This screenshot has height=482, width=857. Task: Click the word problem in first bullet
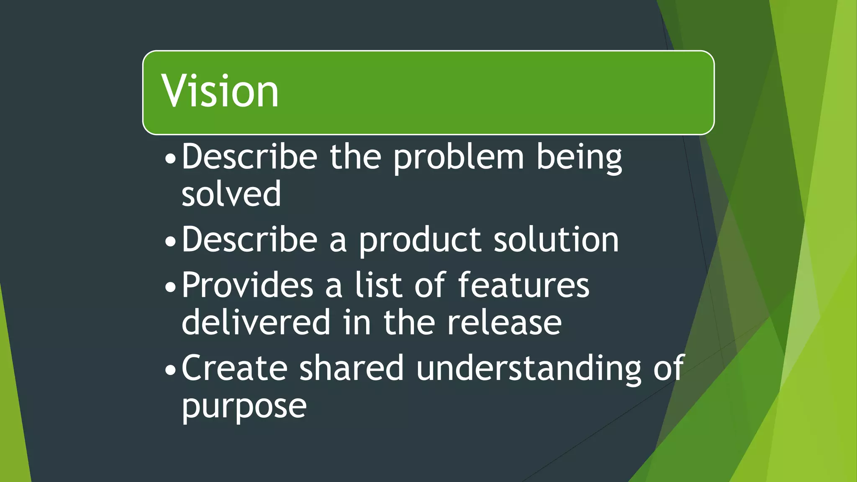point(459,158)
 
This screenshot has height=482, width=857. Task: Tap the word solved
point(231,194)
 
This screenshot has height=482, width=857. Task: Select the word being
point(579,158)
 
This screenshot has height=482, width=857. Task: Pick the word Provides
point(247,285)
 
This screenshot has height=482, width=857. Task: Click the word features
point(523,285)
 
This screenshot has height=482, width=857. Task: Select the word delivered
point(256,322)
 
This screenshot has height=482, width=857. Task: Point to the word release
point(504,322)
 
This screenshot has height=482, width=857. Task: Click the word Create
point(234,368)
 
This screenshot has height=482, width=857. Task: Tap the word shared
point(352,368)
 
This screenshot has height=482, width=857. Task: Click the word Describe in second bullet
point(249,240)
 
